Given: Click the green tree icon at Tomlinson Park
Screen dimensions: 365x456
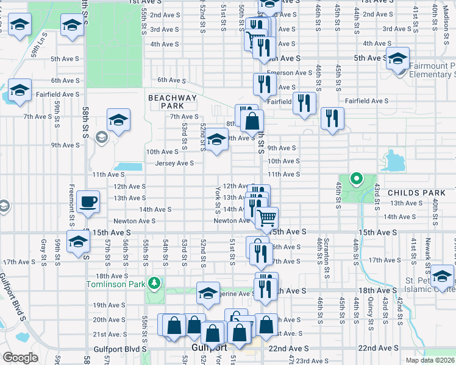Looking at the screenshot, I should tap(155, 282).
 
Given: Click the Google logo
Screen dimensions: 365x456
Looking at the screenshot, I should tap(20, 358).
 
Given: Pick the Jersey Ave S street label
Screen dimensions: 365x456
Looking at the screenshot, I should tap(174, 163).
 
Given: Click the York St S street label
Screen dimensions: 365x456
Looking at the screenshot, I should tap(218, 200).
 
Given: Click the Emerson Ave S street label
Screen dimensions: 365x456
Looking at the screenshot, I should tap(295, 72).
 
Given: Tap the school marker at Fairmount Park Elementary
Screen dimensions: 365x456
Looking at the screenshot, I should tap(397, 58).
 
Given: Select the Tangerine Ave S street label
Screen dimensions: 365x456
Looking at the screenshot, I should tap(235, 293).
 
